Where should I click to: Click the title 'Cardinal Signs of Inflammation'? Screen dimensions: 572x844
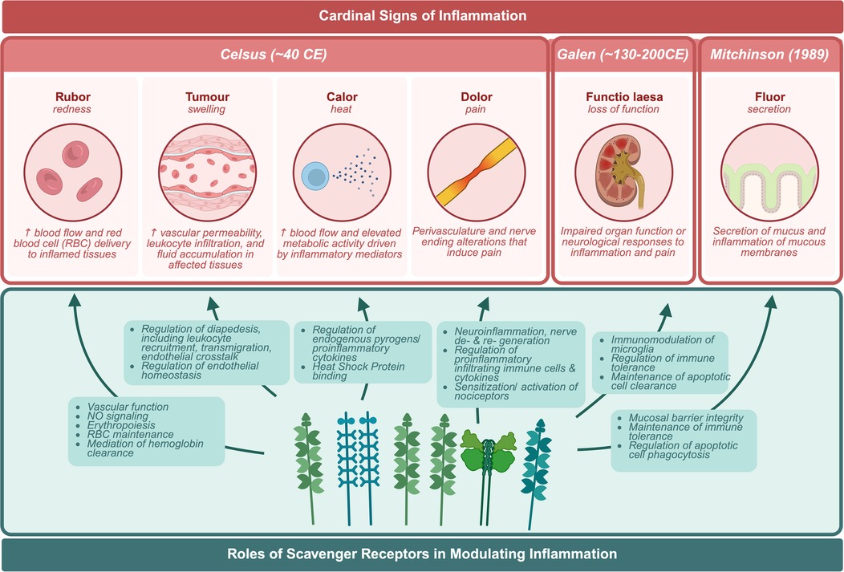tap(423, 15)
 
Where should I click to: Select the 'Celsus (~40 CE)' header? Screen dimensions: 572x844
tap(274, 55)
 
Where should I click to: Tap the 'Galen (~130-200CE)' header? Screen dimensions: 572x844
tap(623, 55)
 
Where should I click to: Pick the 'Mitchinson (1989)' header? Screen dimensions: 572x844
tap(770, 55)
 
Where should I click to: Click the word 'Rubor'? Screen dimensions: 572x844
tap(73, 97)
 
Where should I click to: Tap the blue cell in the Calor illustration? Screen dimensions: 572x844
tap(311, 172)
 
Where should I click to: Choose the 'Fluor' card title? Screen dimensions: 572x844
tap(770, 97)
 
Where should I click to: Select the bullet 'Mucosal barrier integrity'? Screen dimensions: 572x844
tap(691, 418)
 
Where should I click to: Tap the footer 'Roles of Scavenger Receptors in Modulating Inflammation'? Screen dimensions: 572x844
tap(423, 554)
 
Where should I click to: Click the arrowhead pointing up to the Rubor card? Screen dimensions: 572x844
tap(75, 301)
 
